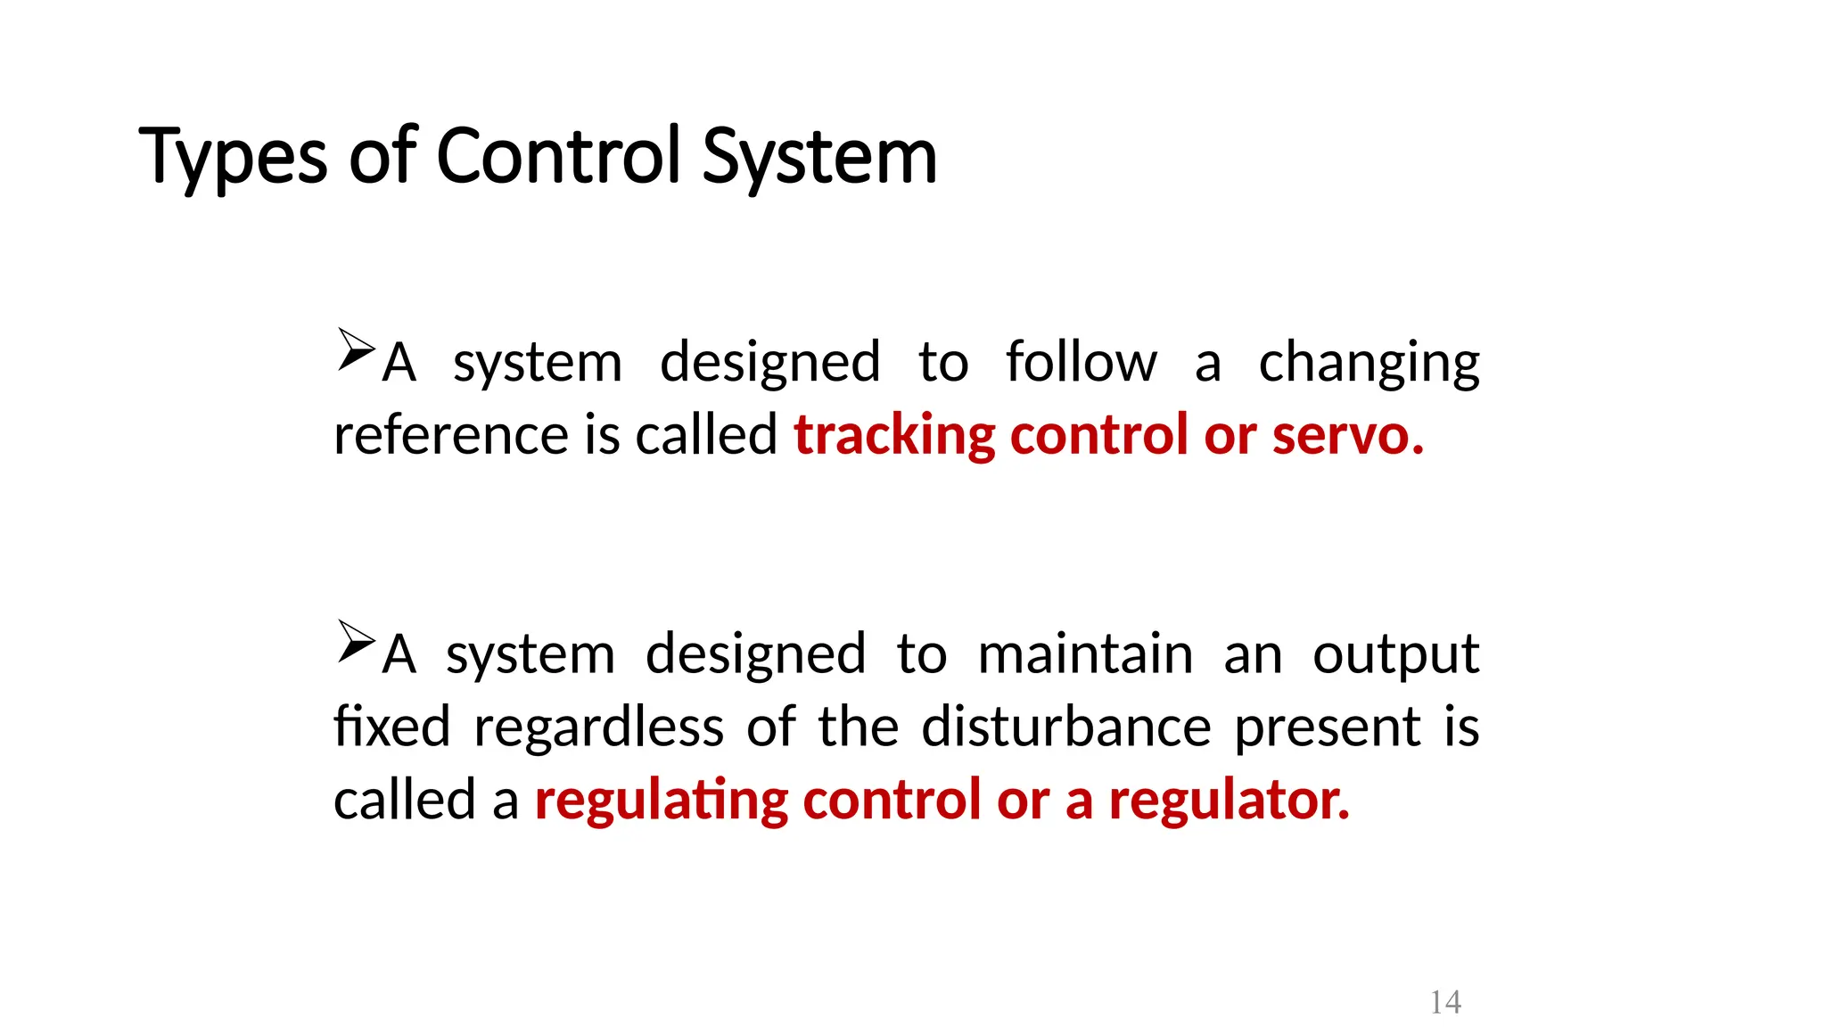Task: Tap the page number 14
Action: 1445,1002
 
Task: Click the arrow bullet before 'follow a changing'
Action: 356,349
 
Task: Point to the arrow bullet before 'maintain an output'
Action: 356,642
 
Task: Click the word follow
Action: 1081,363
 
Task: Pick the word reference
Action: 450,435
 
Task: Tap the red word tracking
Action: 893,436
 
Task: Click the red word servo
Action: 1347,435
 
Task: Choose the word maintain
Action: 1085,654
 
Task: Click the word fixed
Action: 391,727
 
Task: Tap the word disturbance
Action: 1066,727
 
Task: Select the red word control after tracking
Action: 1098,435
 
